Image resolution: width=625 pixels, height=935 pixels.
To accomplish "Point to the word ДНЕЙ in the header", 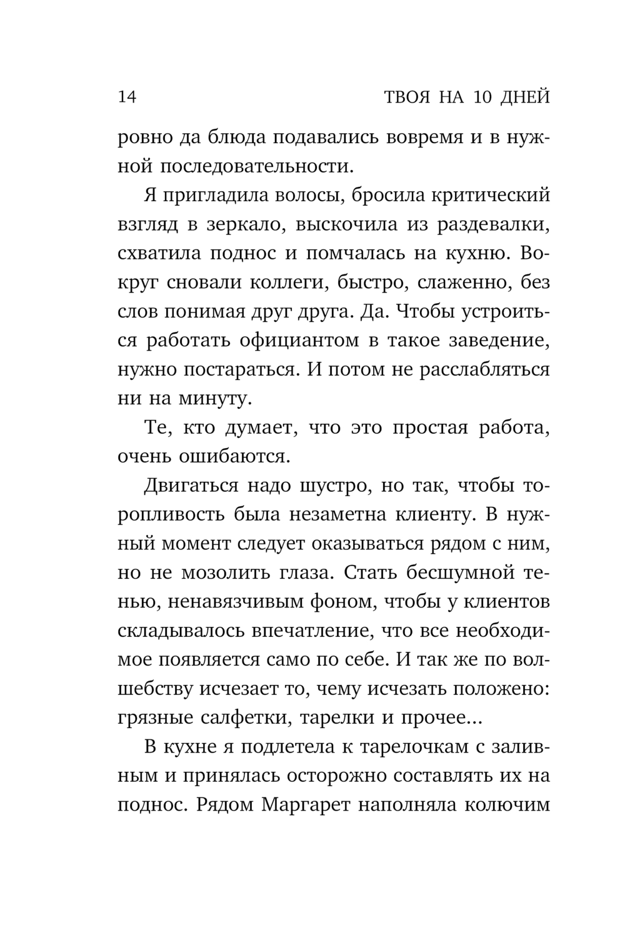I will [525, 97].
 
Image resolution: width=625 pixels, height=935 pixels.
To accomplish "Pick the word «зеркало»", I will [239, 225].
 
